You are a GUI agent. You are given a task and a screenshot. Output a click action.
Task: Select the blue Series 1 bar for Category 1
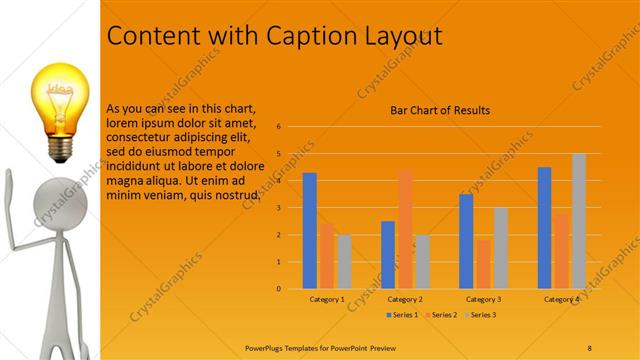click(310, 230)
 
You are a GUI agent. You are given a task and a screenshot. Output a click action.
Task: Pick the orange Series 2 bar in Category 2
click(405, 229)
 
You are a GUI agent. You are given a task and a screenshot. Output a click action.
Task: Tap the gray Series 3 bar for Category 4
click(578, 221)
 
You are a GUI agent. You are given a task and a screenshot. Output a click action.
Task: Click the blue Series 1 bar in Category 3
click(466, 241)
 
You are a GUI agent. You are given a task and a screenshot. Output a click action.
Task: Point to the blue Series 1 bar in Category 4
click(544, 227)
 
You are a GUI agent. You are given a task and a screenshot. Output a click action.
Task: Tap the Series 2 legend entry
click(441, 315)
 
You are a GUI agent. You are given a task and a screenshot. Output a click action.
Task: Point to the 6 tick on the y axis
click(279, 127)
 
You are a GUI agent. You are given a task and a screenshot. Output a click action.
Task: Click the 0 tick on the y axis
click(279, 289)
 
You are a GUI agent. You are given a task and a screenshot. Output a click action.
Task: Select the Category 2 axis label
click(404, 299)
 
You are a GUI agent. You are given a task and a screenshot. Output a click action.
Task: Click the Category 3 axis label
click(483, 299)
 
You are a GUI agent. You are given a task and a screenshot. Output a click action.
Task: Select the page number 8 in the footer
click(589, 347)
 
